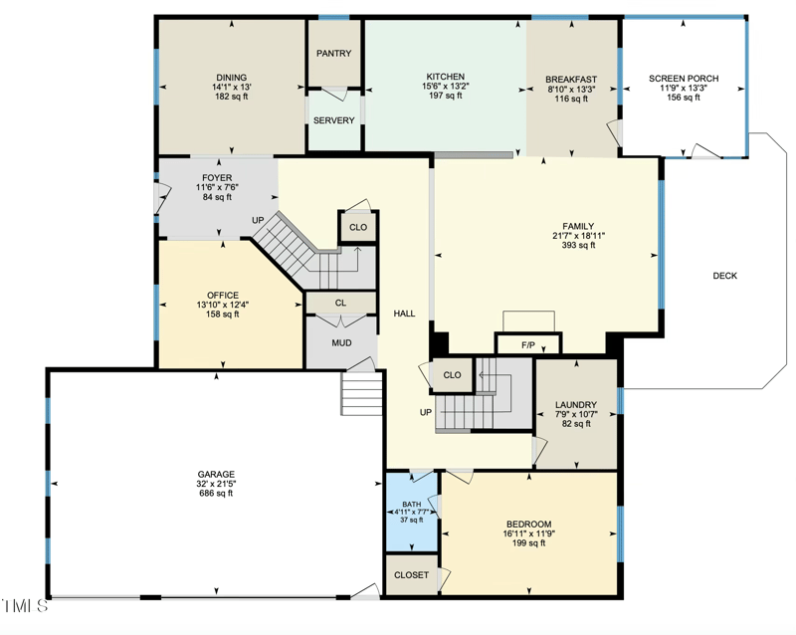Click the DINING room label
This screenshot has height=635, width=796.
click(231, 77)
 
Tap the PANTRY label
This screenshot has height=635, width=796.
click(333, 54)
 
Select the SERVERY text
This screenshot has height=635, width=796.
click(333, 120)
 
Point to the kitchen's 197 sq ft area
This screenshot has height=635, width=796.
click(445, 97)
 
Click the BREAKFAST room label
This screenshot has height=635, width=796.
click(571, 79)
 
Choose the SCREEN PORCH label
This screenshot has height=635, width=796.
click(683, 78)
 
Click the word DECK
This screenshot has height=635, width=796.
click(724, 276)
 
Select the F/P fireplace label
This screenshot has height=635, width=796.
click(528, 345)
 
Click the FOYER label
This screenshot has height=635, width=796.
click(216, 178)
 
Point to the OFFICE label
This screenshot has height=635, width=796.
click(223, 295)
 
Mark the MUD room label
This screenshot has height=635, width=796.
click(341, 343)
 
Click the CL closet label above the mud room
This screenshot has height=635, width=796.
click(340, 303)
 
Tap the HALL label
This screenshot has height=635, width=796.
click(404, 313)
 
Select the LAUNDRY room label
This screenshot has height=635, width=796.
click(576, 404)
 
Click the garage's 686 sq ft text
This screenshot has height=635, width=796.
click(216, 494)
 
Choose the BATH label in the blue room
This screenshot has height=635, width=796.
click(411, 505)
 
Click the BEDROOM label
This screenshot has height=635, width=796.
click(528, 524)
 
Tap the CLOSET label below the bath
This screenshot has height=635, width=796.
click(411, 575)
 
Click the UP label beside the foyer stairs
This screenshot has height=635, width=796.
click(258, 220)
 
